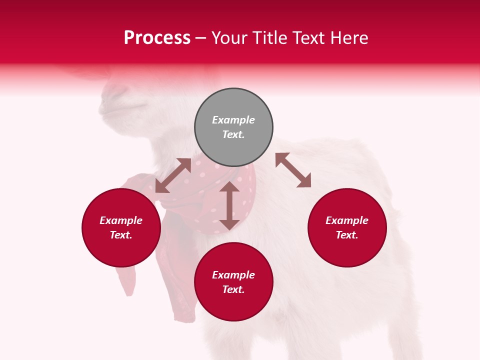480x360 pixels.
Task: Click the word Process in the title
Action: point(157,38)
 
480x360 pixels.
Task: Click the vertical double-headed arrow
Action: point(229,205)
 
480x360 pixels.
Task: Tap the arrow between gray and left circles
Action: point(173,175)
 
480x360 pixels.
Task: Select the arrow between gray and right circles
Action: point(293,170)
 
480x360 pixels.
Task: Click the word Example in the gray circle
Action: point(233,120)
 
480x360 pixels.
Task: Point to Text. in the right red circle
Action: point(347,235)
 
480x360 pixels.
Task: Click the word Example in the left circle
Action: point(121,220)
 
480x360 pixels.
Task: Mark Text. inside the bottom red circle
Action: point(233,289)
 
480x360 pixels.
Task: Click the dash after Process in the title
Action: point(201,38)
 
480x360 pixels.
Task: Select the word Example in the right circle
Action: point(347,220)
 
